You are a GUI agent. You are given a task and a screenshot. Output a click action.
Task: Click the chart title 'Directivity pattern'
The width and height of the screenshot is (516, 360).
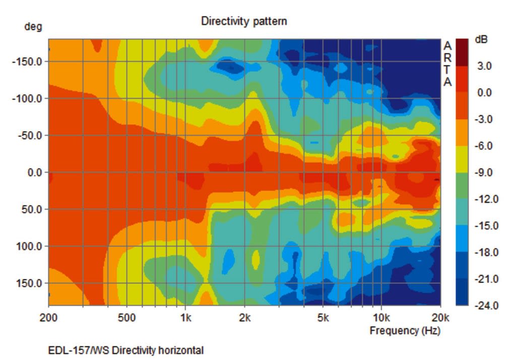click(244, 21)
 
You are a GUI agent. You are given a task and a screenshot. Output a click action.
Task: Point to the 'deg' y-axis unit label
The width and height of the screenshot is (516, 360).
click(33, 27)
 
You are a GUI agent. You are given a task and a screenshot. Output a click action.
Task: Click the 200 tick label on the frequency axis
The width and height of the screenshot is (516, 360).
click(49, 318)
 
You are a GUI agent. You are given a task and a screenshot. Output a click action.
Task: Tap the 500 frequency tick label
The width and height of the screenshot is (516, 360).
click(127, 318)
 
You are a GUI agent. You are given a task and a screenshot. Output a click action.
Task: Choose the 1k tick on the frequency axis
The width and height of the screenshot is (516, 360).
click(185, 318)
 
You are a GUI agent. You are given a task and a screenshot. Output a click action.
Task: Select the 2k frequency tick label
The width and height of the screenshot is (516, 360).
click(245, 318)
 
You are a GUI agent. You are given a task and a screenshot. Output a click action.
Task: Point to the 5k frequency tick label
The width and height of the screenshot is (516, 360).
click(323, 318)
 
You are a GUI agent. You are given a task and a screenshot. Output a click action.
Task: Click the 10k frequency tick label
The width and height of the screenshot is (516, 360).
click(381, 318)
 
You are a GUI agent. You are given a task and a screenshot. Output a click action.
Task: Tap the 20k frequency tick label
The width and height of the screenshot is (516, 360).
click(440, 318)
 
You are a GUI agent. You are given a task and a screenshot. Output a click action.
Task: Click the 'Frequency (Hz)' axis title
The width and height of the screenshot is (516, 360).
click(405, 331)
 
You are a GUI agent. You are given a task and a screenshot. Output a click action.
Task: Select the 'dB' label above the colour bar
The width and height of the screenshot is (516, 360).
click(481, 39)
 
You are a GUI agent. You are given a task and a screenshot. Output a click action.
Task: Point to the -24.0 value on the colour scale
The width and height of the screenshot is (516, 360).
click(485, 305)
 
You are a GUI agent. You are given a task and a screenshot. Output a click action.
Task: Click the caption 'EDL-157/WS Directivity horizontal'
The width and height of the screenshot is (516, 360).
click(126, 350)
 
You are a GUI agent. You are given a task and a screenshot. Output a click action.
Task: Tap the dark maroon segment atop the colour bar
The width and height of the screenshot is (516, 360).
click(462, 52)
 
